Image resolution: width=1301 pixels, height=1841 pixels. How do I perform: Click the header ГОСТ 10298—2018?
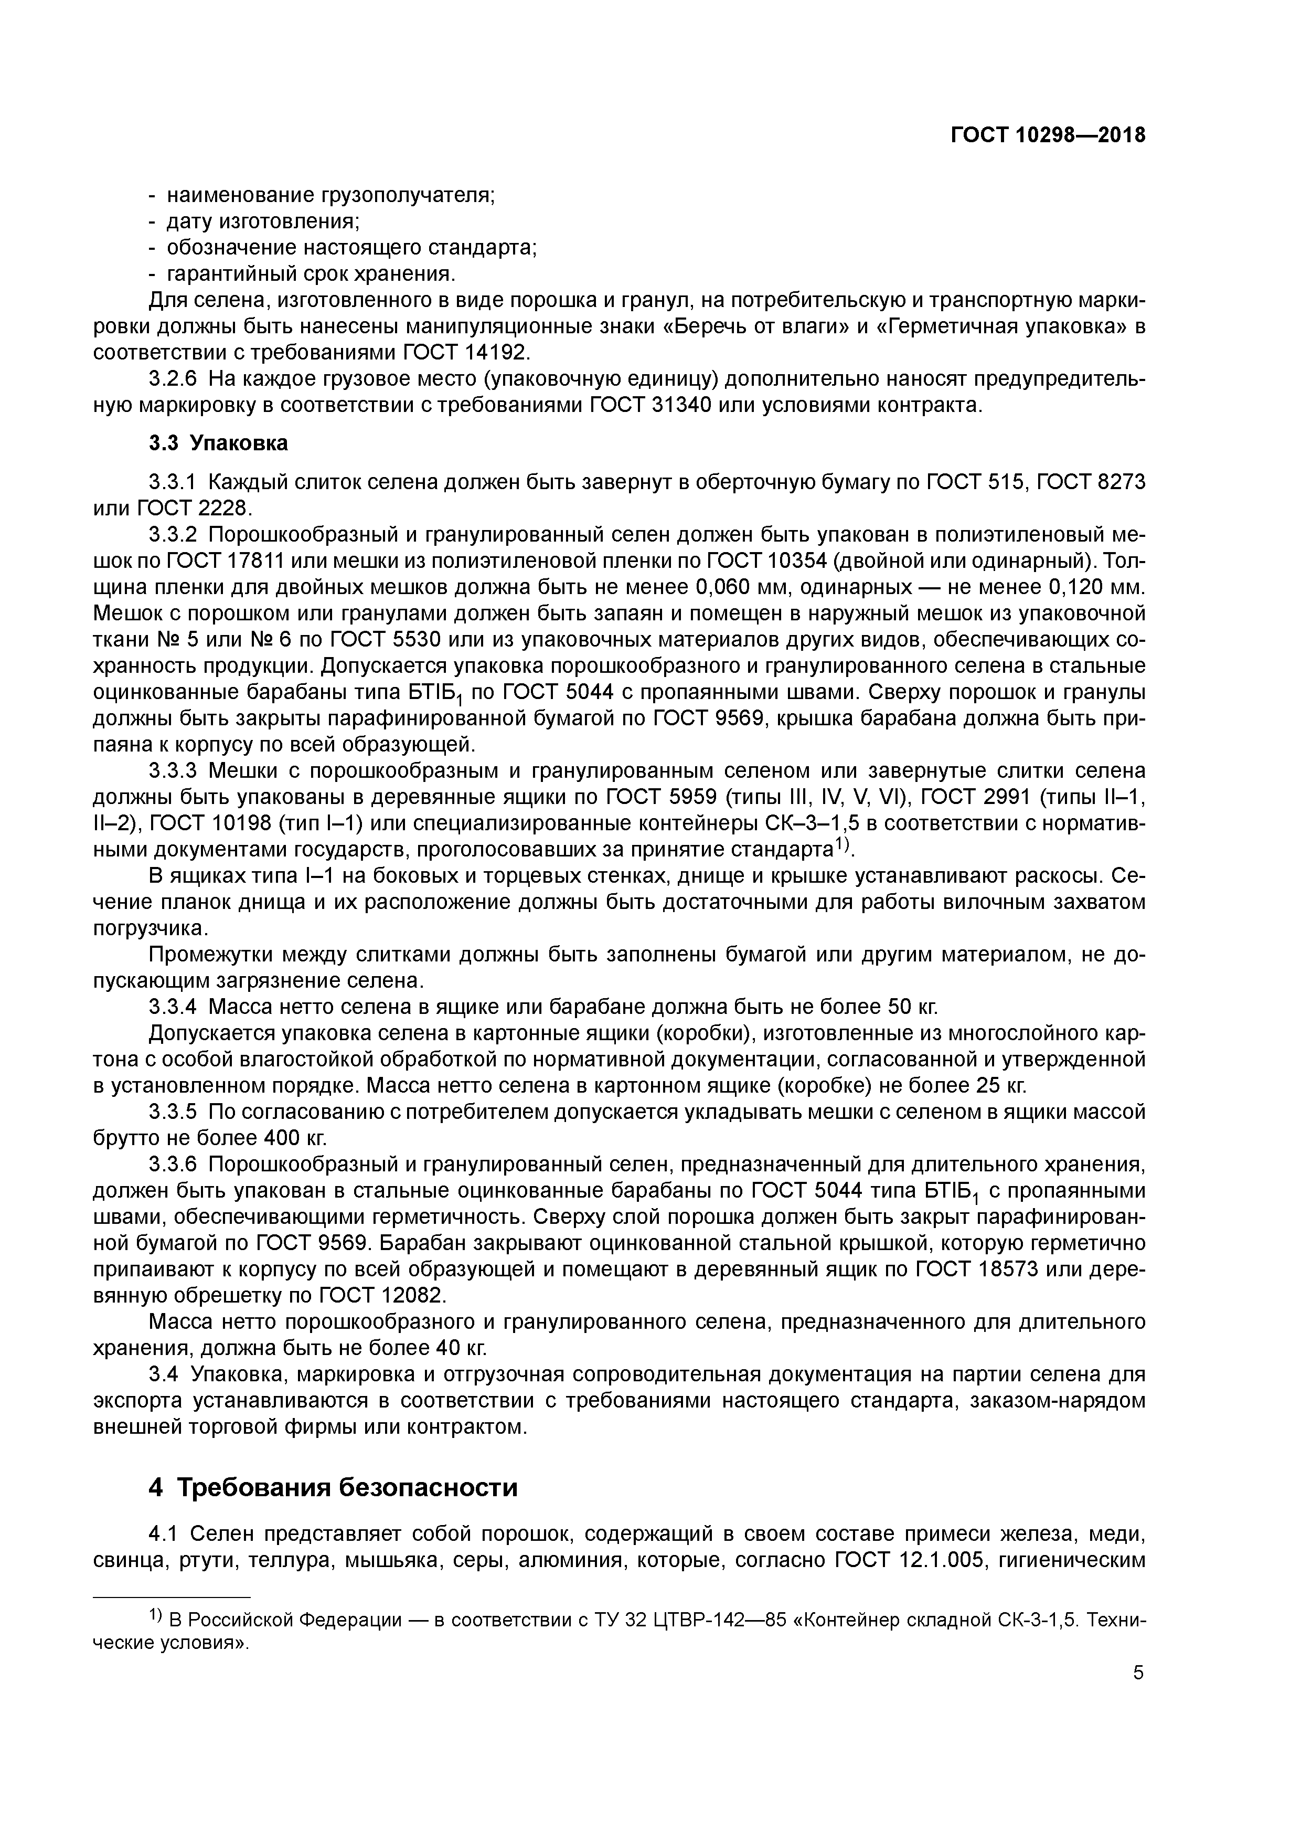1048,135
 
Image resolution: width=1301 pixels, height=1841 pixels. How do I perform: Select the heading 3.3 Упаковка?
218,442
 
